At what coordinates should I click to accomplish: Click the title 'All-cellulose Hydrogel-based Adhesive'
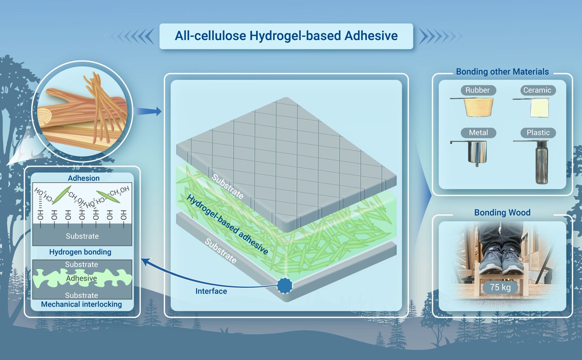point(286,36)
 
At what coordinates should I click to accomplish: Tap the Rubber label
point(478,90)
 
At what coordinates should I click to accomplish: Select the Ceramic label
point(537,90)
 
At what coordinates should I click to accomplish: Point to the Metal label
point(478,132)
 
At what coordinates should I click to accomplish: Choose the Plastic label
point(538,132)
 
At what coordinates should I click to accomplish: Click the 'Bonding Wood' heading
point(502,213)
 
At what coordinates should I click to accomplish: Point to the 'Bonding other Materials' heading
point(502,72)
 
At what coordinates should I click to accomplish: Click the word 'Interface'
point(211,292)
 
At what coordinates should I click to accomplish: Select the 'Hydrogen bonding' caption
point(80,252)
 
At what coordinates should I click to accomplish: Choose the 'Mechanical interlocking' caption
point(81,305)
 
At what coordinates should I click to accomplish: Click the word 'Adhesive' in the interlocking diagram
point(82,278)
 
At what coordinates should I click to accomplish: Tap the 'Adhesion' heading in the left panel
point(81,179)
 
